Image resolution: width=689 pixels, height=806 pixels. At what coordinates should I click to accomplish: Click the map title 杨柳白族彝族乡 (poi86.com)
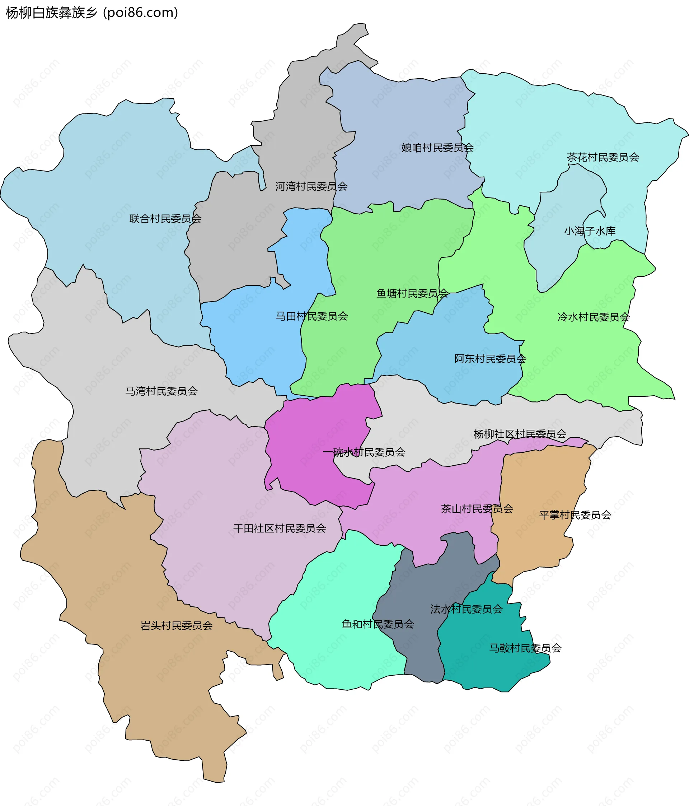92,13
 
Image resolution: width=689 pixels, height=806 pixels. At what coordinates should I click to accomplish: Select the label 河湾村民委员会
311,186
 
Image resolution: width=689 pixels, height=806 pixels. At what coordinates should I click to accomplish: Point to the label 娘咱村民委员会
437,148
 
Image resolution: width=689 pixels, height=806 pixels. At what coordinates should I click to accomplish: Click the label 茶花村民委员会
603,157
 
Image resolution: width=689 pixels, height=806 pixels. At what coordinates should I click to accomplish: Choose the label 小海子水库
590,231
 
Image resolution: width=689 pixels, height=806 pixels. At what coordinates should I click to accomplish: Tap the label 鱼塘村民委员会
412,293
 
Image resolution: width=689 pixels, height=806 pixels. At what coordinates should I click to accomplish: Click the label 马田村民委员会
311,316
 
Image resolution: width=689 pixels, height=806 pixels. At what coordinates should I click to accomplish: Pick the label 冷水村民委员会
593,317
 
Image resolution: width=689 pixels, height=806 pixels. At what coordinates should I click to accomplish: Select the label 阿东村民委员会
490,359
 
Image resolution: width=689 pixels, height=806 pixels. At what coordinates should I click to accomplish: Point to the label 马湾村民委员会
161,391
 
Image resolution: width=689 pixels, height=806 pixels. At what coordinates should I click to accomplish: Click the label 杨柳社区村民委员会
520,434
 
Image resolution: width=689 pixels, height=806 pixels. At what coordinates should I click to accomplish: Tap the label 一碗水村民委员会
364,452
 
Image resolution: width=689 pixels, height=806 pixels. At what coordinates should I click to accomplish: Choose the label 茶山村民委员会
477,509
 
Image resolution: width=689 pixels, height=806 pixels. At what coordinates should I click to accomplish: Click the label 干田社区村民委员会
279,528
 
